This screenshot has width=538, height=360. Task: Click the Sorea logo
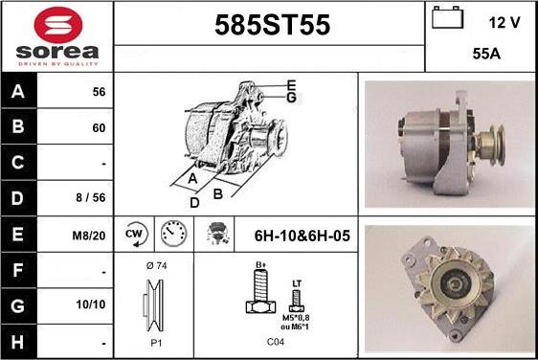coord(56,35)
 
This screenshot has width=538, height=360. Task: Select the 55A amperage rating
coord(488,55)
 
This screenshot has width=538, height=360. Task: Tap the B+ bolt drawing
coord(258,292)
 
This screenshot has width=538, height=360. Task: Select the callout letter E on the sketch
coord(290,84)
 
